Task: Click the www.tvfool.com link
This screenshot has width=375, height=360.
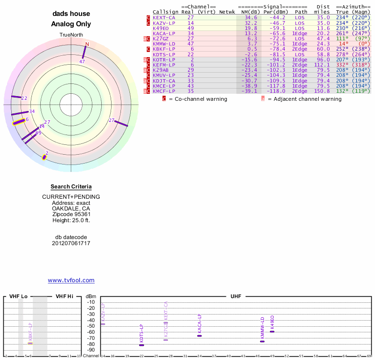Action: point(71,280)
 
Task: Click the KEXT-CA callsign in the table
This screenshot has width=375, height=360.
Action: point(164,17)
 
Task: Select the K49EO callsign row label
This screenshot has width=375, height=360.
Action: point(161,28)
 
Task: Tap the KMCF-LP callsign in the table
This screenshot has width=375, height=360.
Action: point(164,91)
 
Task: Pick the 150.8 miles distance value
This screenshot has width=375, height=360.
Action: point(322,91)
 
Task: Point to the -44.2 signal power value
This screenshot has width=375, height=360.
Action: point(278,17)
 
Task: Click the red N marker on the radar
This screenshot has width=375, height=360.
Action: point(86,45)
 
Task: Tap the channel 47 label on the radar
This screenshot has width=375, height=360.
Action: point(82,61)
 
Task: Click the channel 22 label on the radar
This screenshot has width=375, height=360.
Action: point(24,98)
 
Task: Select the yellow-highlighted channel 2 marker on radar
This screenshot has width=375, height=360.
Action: point(45,157)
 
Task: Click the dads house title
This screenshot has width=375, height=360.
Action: point(71,14)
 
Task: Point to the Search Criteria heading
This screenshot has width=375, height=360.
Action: point(71,187)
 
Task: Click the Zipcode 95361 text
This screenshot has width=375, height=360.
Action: point(71,214)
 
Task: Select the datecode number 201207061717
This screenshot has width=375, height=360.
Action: point(71,243)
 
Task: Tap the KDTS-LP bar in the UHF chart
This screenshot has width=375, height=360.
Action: point(142,345)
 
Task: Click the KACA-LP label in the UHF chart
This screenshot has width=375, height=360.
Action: point(199,323)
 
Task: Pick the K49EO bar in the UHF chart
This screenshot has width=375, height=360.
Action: point(272,332)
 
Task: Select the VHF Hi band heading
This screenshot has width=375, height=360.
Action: point(64,297)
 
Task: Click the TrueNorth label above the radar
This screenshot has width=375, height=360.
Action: point(71,35)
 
